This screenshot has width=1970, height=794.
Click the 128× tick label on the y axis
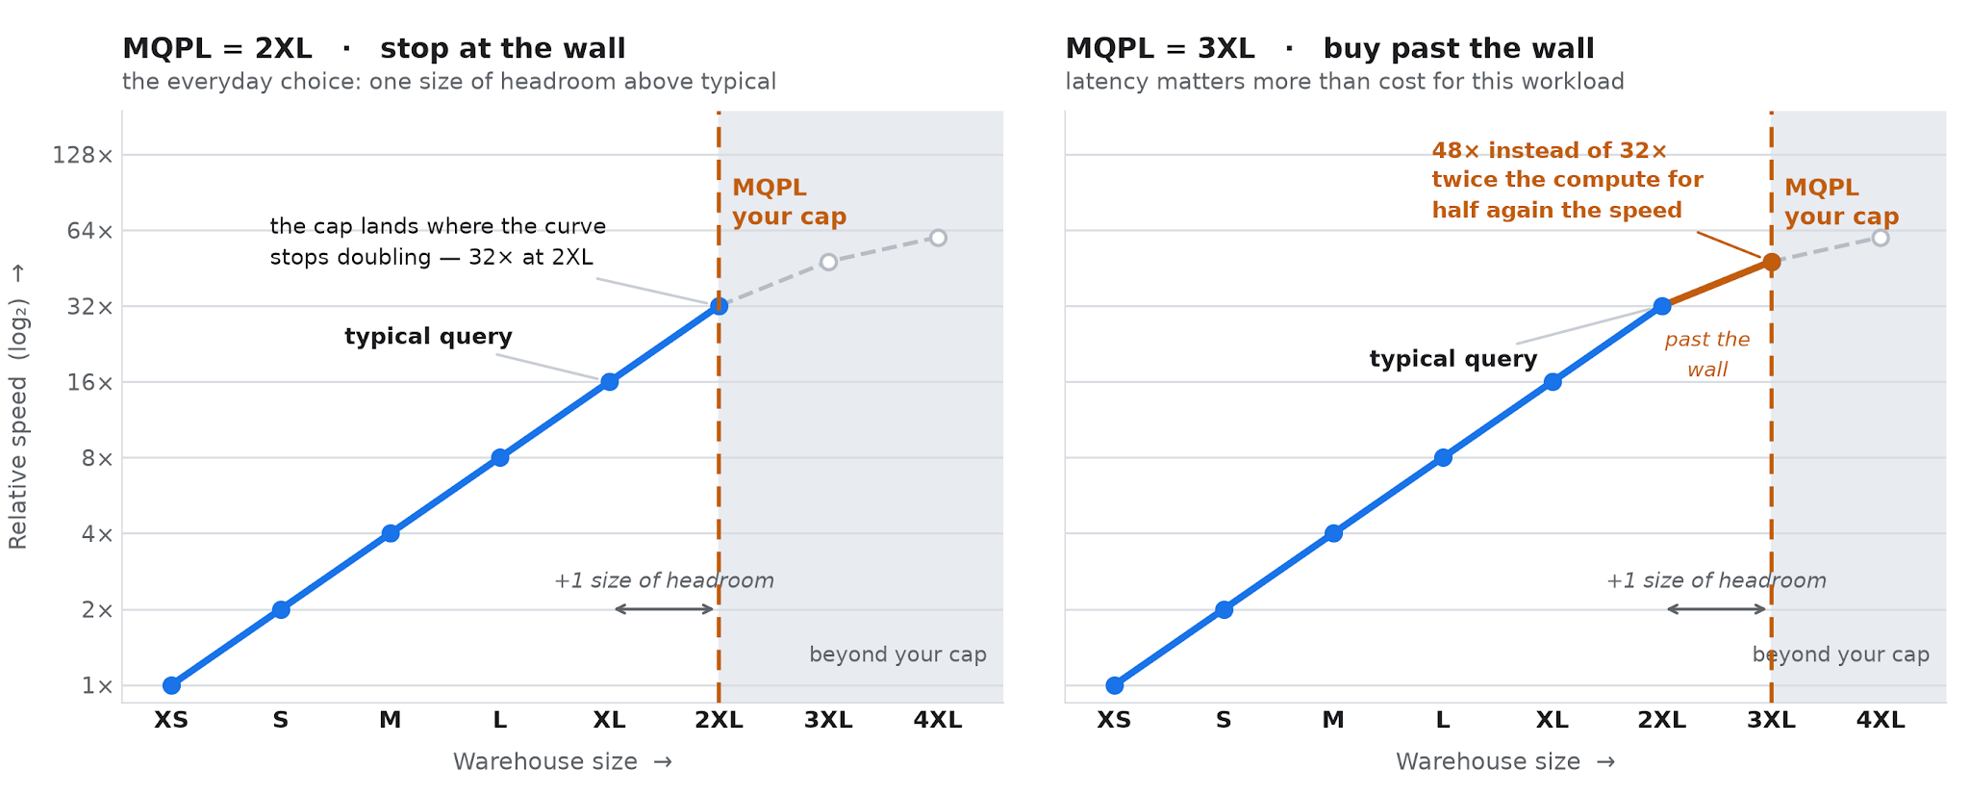coord(83,155)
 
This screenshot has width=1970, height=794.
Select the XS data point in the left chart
coord(171,685)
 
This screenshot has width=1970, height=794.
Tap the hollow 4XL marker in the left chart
coord(938,238)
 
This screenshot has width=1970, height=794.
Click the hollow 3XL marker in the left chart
coord(828,262)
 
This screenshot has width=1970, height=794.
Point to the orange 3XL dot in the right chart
coord(1771,262)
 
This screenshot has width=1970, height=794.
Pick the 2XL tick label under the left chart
coord(719,720)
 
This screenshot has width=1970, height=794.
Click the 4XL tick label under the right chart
coord(1881,720)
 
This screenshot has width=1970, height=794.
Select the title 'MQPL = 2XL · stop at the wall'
coord(374,48)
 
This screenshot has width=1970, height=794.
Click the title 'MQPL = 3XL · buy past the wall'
coord(1330,48)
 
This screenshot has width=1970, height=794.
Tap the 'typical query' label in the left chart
coord(428,337)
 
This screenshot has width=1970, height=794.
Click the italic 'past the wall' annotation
coord(1707,354)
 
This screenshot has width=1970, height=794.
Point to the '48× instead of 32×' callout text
coord(1550,151)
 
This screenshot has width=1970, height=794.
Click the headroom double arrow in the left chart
coord(664,609)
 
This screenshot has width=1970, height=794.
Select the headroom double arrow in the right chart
coord(1716,609)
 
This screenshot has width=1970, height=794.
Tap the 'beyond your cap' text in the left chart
coord(897,654)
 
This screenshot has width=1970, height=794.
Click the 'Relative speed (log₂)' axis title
coord(18,407)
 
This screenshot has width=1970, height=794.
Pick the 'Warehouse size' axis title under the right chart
coord(1505,762)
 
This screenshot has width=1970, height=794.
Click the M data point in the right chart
coord(1333,533)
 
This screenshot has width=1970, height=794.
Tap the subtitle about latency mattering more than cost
coord(1345,82)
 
